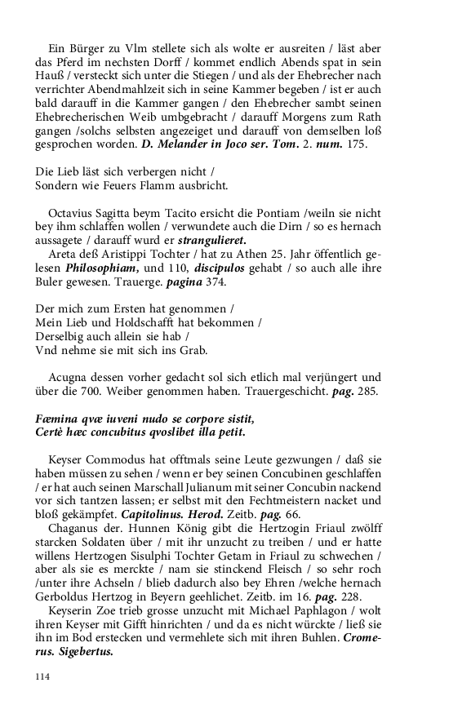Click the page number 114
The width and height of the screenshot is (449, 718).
coord(43,676)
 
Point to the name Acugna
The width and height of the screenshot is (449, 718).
coord(69,378)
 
